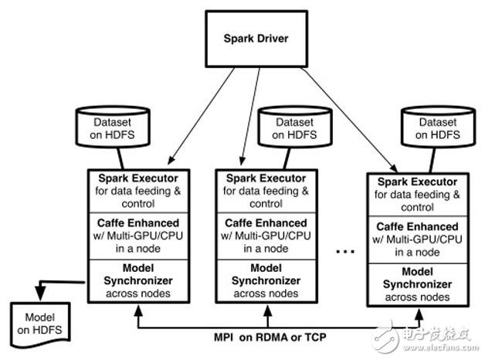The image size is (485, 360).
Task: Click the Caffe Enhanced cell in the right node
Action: pos(419,240)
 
